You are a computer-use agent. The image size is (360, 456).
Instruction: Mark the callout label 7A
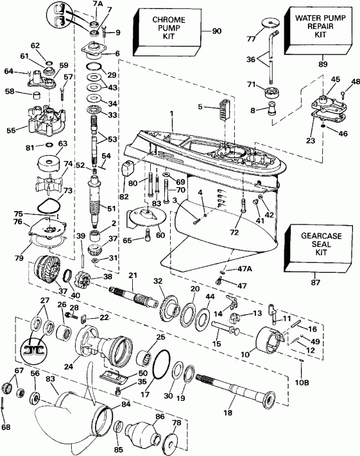pyautogui.click(x=97, y=4)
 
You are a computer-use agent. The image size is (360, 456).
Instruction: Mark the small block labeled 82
pyautogui.click(x=126, y=169)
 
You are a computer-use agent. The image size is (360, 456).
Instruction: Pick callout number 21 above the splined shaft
pyautogui.click(x=133, y=276)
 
